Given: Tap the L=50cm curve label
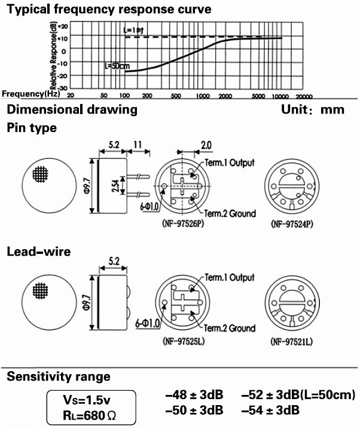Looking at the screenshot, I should tap(117, 66).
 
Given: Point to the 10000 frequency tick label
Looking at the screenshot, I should tap(279, 96).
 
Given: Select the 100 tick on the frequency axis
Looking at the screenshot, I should tap(126, 96).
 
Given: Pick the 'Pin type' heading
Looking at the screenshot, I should tap(31, 128).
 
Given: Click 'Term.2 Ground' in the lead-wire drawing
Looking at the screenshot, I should tap(230, 328).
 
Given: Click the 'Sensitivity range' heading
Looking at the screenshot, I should tap(59, 376).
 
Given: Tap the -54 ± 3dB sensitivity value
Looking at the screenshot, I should tap(270, 410).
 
